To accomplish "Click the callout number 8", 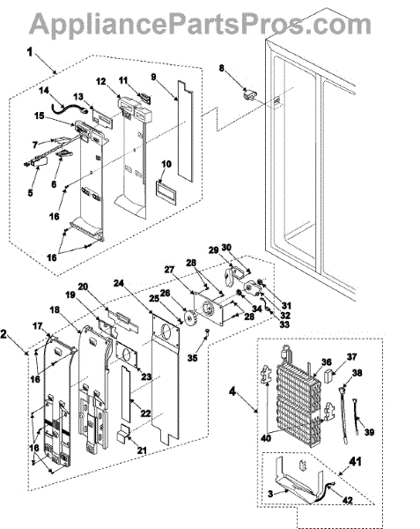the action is tap(221, 68).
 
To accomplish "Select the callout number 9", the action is tap(153, 77).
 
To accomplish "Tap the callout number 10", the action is tap(166, 164).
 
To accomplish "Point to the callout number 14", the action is tap(43, 91).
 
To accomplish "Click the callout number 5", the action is tap(30, 192).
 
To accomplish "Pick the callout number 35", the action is tap(192, 358).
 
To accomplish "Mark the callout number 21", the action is tap(142, 451).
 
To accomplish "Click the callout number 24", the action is tap(119, 283).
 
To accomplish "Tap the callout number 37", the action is tap(351, 356).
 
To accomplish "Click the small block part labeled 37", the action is tap(328, 376).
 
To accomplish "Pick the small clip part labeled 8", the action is tap(250, 94).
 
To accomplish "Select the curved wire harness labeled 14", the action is tap(69, 108).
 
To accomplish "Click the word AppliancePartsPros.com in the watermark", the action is tap(200, 24).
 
